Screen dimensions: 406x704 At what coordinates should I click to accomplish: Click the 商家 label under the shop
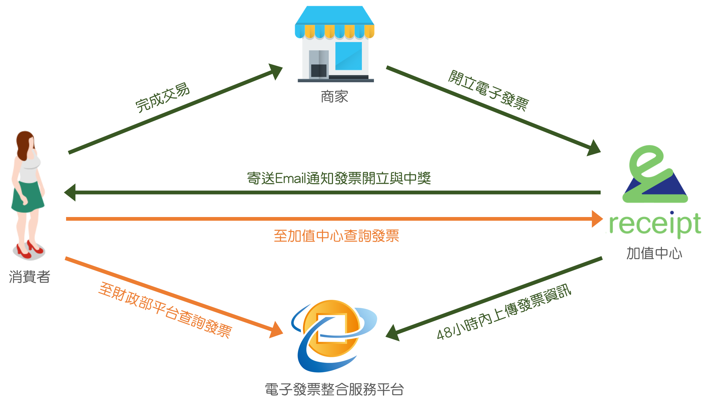click(334, 97)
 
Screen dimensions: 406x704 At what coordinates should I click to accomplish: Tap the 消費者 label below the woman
click(30, 277)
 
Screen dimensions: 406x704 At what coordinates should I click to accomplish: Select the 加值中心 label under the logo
click(654, 253)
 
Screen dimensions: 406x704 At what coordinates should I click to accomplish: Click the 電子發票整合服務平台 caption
click(334, 389)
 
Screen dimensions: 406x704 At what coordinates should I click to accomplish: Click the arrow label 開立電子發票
click(488, 90)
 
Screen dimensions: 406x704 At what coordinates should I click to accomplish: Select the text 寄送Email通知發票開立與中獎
click(339, 178)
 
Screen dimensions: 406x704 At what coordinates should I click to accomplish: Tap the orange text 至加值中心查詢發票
click(336, 236)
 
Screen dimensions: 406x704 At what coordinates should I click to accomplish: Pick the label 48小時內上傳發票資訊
click(504, 312)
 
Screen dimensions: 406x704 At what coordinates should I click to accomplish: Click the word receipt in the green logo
click(655, 224)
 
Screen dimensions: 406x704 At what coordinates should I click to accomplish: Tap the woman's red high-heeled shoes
click(30, 249)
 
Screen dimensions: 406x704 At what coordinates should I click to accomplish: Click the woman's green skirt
click(28, 197)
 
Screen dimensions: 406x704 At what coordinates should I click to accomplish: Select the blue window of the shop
click(348, 56)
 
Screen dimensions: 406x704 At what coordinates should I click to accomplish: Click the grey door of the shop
click(318, 64)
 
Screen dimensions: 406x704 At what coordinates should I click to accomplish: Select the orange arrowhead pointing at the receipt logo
click(597, 219)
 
